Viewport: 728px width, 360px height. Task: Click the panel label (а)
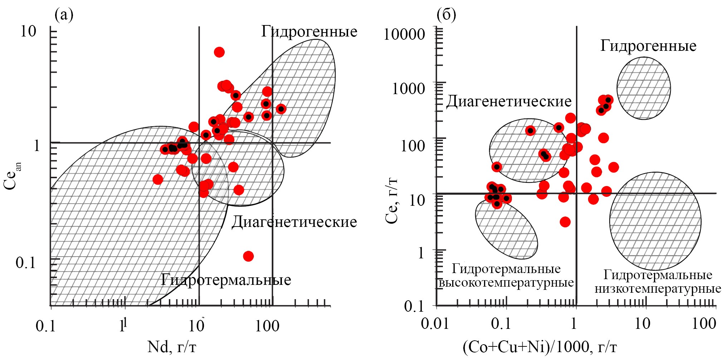tap(64, 15)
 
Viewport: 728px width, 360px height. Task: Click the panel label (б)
tap(446, 15)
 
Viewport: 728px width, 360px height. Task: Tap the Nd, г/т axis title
tap(172, 347)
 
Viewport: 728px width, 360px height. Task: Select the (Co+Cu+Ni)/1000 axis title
tap(540, 347)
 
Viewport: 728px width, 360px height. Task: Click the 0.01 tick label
tap(435, 323)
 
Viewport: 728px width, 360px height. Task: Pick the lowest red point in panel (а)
tap(248, 256)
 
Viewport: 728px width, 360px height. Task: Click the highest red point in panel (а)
tap(219, 52)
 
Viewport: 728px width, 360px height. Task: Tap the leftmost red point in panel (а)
tap(158, 179)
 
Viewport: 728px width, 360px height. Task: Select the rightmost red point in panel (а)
tap(281, 109)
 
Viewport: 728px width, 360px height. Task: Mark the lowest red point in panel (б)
tap(565, 222)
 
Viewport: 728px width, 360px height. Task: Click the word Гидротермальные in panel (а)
tap(226, 280)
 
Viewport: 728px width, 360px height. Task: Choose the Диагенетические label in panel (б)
tap(509, 102)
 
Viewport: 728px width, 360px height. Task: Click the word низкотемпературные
tap(658, 289)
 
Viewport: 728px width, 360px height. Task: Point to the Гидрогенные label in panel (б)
tap(648, 46)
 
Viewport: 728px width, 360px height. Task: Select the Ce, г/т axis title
tap(392, 200)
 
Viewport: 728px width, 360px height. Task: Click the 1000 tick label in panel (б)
tap(409, 88)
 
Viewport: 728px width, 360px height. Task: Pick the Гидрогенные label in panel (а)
tap(309, 31)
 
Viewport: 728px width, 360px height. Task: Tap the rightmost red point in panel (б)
tap(614, 167)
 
